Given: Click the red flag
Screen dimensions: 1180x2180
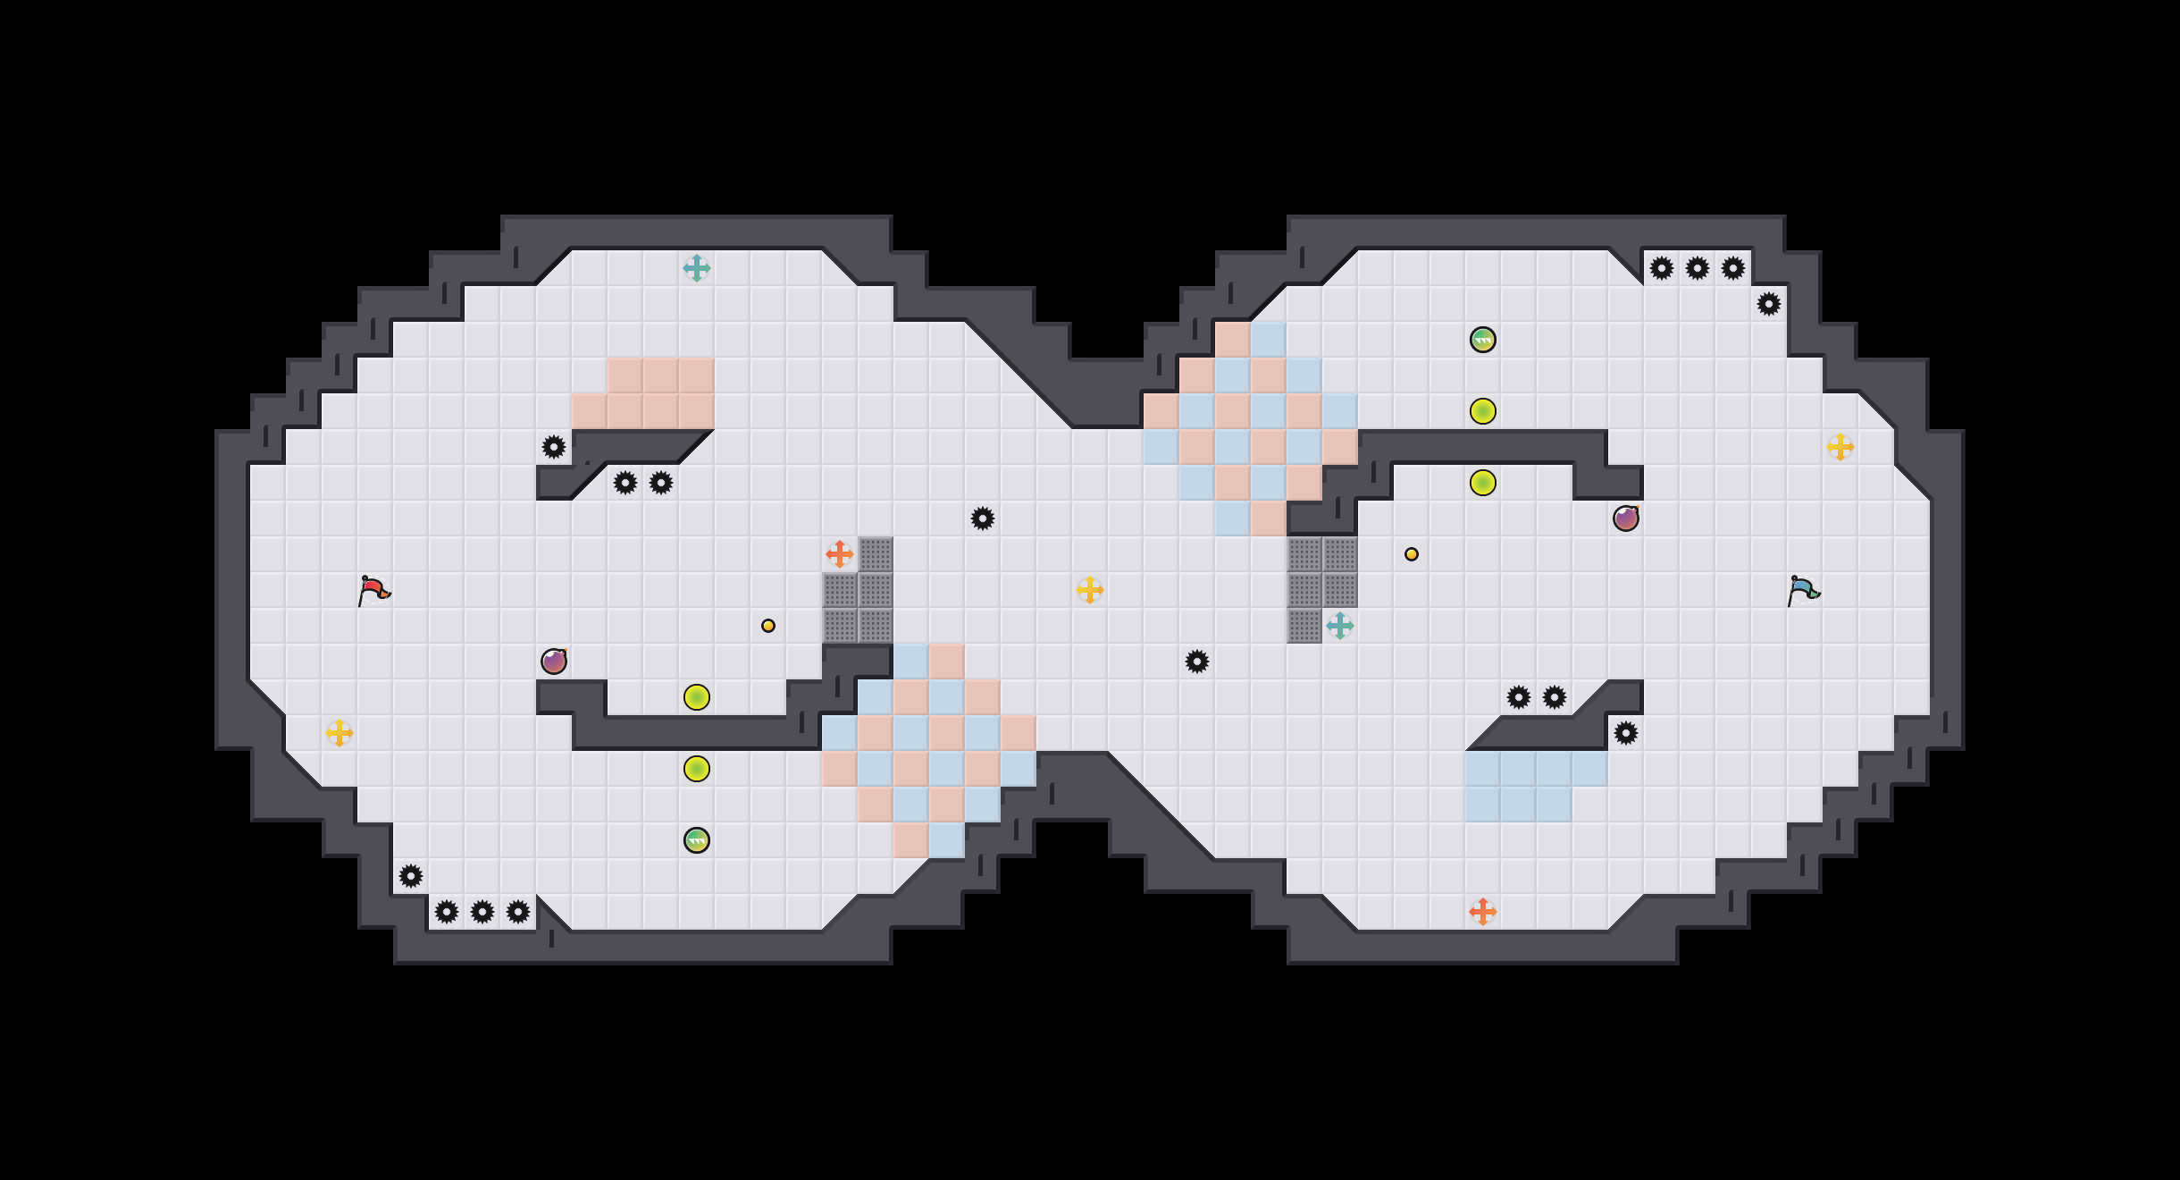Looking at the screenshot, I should (373, 590).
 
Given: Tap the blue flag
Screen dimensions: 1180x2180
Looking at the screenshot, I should (1803, 590).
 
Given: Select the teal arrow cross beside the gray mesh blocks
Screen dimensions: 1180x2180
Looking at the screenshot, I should (1339, 626).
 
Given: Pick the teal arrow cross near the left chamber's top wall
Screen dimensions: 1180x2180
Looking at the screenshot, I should (696, 268).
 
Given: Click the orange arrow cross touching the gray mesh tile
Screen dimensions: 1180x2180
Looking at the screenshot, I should (839, 554).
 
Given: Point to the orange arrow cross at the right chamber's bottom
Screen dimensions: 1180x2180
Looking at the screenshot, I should (1482, 912).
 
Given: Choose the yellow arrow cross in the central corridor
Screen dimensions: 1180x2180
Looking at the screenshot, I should (1089, 590).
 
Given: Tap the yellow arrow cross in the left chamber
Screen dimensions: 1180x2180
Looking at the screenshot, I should (339, 733).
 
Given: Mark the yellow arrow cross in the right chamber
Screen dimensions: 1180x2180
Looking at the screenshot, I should (1840, 447).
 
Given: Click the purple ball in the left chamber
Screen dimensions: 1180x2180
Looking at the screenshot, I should (554, 662).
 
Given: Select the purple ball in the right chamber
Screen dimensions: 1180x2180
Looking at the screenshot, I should (1626, 518).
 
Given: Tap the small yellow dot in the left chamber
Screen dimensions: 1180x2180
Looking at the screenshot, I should (768, 626).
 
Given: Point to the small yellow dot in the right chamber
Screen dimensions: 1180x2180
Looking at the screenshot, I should (1412, 554).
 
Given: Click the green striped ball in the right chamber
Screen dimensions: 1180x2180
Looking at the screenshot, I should (1483, 340).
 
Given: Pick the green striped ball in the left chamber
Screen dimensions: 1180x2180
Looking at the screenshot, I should (697, 840).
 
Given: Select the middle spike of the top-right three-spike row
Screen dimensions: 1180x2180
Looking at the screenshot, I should (1698, 268).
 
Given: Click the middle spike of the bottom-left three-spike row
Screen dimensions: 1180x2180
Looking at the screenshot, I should (482, 912).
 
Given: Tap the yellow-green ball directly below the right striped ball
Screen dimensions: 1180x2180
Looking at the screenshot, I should (1483, 411).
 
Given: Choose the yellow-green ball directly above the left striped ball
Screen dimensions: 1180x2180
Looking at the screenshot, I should (697, 769).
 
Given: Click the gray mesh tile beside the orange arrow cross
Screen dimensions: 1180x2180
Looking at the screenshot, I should (876, 554).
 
